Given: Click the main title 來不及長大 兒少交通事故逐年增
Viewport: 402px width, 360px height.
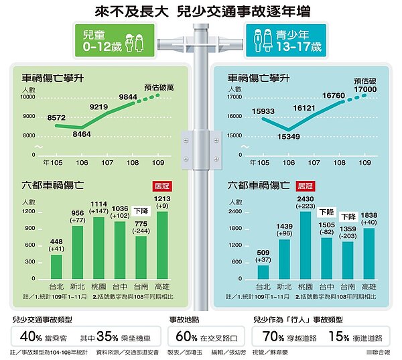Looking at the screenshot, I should click(202, 12).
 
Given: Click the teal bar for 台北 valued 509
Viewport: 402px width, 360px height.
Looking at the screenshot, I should click(263, 272).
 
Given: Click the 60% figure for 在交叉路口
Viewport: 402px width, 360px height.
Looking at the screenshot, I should click(184, 335).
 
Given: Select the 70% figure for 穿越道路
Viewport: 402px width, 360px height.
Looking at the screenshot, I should click(272, 335).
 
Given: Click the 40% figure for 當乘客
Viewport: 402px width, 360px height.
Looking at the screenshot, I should click(31, 335).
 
